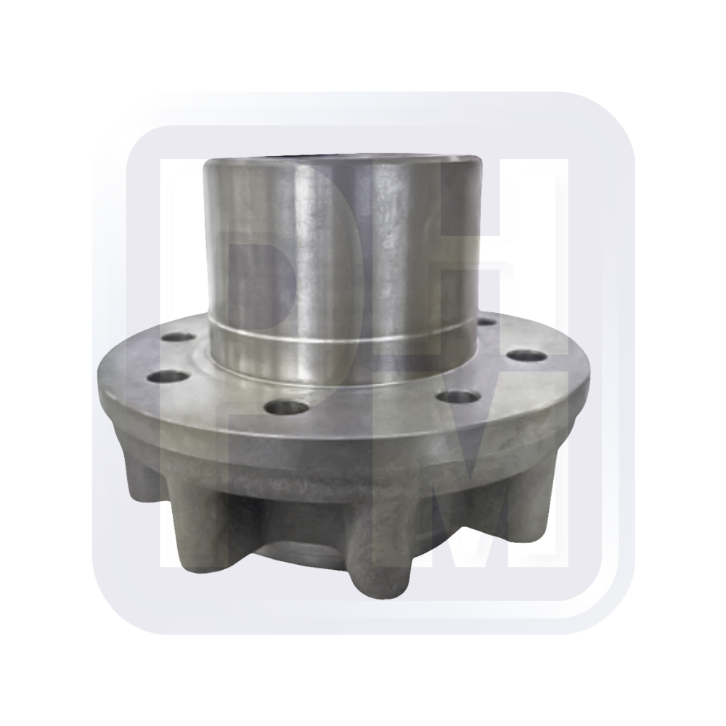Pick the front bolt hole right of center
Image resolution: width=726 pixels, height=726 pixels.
coord(459,397)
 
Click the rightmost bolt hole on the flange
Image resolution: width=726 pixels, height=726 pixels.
coord(526,356)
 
